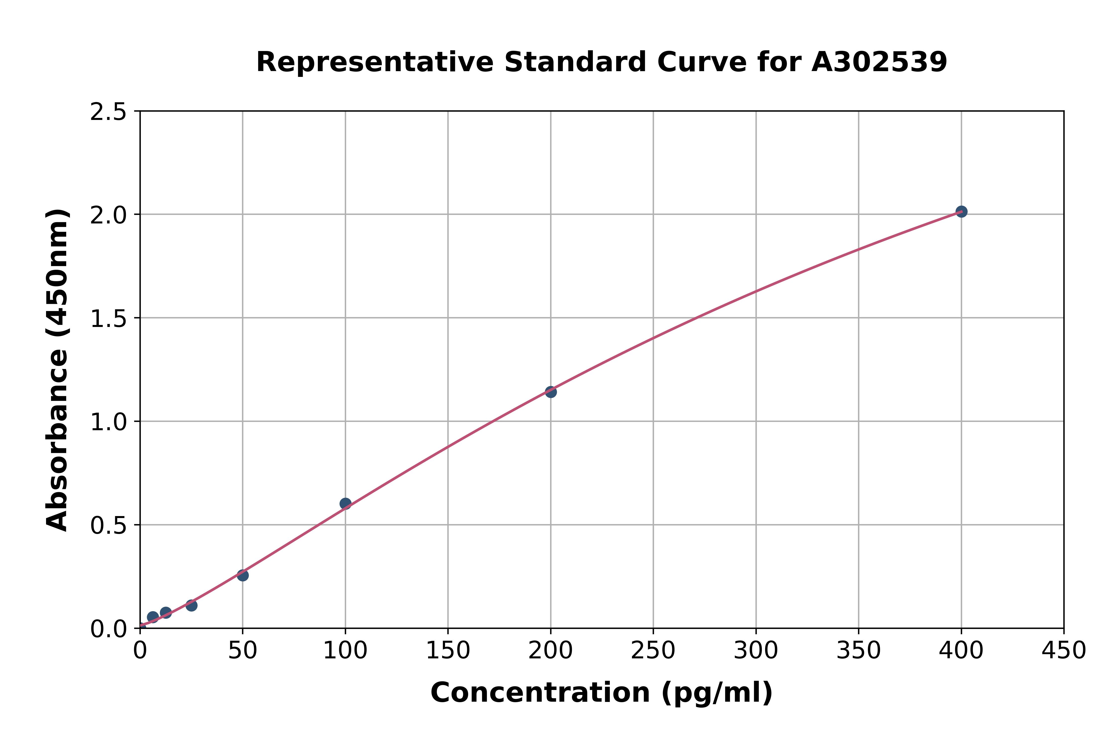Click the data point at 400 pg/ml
(x=961, y=211)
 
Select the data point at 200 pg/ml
(x=551, y=392)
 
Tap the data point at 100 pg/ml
(x=345, y=503)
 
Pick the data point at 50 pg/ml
(x=243, y=575)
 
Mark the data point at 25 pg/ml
(x=191, y=605)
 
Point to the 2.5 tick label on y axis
(x=109, y=112)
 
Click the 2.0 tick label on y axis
(x=109, y=215)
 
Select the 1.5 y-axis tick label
(x=109, y=319)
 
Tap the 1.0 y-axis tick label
(x=109, y=422)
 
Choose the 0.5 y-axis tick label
(x=109, y=526)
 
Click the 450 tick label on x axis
(x=1064, y=651)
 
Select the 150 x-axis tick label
(x=448, y=651)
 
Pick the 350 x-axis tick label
(x=858, y=651)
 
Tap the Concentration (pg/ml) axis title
(x=602, y=693)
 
